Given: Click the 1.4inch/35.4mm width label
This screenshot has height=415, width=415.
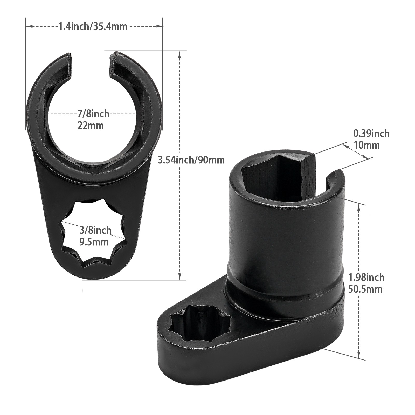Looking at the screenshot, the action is coord(93,26).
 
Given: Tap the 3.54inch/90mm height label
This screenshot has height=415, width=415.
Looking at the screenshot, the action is coord(191,160).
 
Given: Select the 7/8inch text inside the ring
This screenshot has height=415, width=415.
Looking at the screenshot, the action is coord(93,114).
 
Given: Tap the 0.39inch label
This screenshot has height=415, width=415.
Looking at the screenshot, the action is coord(371,134).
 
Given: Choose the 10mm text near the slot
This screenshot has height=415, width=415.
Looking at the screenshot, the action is coord(366,145).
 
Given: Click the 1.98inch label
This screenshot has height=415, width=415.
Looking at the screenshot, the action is coord(366,278).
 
